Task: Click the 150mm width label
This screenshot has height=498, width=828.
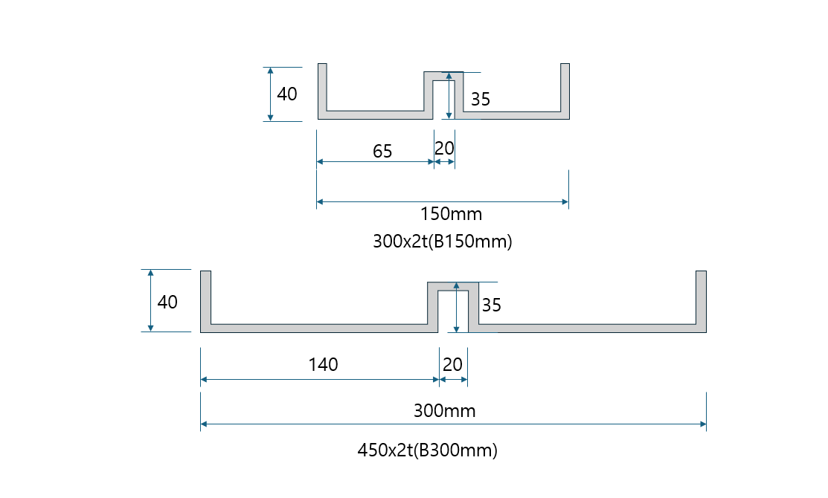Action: pos(451,214)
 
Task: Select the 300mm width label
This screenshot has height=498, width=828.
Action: pos(444,410)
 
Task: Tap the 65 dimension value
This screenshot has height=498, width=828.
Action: pos(382,152)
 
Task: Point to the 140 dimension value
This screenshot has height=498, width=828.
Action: pos(323,364)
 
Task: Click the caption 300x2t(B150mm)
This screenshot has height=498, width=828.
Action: pos(442,242)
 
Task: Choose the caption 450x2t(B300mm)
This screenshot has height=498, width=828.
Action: pos(427,450)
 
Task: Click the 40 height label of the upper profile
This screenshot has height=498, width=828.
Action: pos(287,94)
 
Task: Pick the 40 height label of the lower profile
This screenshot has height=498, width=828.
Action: pos(167,303)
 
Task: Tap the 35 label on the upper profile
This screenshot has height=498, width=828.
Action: pos(481,100)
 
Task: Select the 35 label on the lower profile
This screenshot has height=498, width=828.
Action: pos(492,305)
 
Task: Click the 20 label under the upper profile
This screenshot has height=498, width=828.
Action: pos(444,149)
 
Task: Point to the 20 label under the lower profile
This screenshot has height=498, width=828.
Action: pos(452,364)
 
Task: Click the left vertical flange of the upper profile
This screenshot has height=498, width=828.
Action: pos(322,89)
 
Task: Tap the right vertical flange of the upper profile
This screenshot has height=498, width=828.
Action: pos(565,89)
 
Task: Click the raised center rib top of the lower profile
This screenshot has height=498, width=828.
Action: pos(453,286)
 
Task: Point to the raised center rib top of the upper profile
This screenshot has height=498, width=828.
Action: pos(443,76)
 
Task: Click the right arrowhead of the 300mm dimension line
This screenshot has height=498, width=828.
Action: pos(702,424)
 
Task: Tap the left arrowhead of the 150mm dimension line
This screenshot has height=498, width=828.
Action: pos(321,201)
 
